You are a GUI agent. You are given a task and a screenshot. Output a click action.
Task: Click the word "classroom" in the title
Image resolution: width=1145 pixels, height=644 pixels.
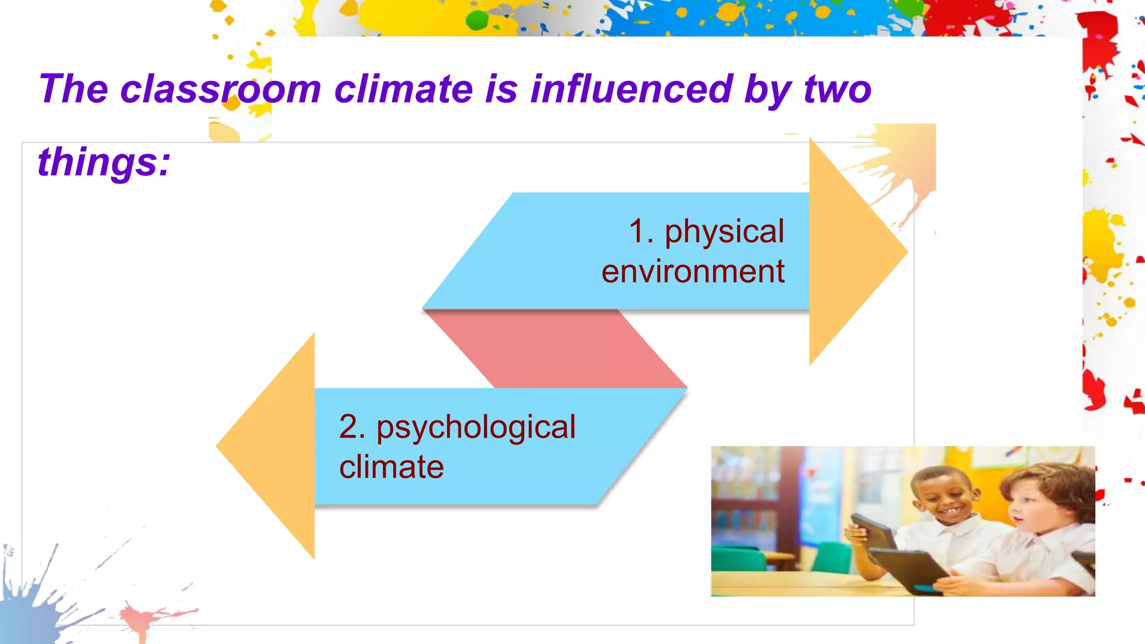pyautogui.click(x=220, y=89)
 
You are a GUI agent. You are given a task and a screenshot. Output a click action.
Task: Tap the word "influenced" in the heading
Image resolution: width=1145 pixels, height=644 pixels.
pyautogui.click(x=631, y=89)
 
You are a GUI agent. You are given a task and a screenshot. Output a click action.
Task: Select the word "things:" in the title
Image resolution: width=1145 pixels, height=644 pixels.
pyautogui.click(x=104, y=162)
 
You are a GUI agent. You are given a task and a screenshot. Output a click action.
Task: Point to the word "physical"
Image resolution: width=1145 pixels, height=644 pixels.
pyautogui.click(x=724, y=231)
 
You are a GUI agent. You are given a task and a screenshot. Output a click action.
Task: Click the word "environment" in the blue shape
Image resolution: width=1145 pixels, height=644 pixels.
pyautogui.click(x=693, y=272)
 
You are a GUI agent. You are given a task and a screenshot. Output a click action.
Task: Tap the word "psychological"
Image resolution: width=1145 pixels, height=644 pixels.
pyautogui.click(x=476, y=428)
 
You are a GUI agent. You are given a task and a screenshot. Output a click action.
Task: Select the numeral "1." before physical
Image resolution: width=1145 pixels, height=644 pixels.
pyautogui.click(x=641, y=231)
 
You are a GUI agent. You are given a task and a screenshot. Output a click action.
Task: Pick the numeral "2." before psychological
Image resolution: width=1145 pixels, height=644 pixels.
pyautogui.click(x=352, y=427)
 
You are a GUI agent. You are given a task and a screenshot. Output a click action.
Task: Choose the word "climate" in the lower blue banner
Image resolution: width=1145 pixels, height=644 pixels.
pyautogui.click(x=391, y=467)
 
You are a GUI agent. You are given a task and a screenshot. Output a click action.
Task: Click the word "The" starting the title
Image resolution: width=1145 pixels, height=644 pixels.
pyautogui.click(x=73, y=89)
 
